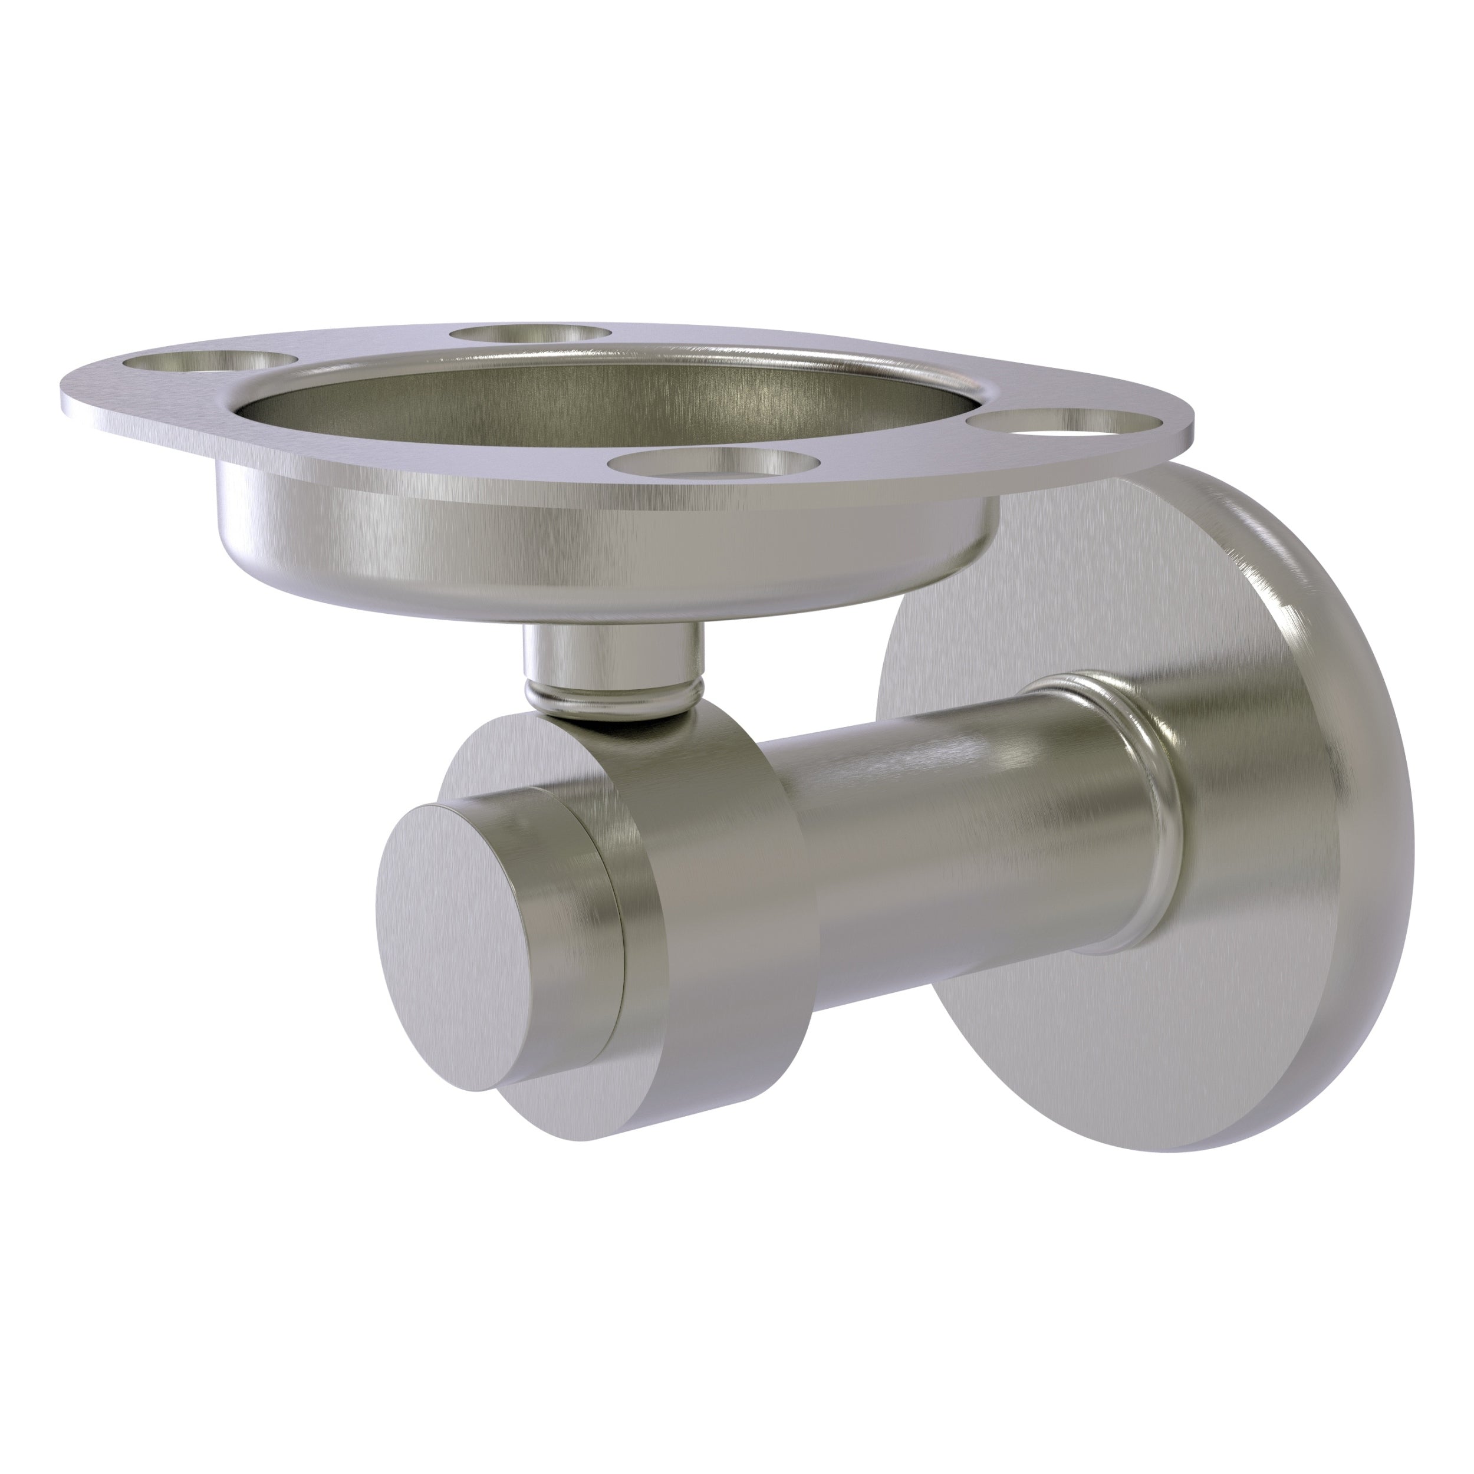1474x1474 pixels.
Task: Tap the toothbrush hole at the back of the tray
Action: pos(530,335)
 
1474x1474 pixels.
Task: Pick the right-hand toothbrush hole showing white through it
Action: pos(1068,424)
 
